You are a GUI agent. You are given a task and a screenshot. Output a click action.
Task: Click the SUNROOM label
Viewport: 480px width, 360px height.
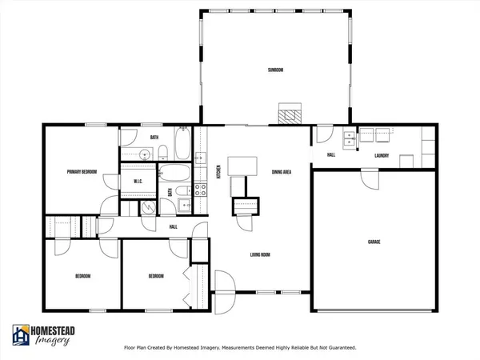click(x=276, y=70)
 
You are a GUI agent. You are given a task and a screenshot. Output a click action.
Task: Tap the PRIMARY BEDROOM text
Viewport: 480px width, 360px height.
click(x=81, y=171)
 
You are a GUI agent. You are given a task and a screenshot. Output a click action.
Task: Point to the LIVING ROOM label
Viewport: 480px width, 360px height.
click(x=262, y=255)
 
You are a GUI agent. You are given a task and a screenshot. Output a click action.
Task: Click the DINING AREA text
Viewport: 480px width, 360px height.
click(x=281, y=171)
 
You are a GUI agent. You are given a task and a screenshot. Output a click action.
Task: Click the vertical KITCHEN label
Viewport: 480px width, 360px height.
click(x=219, y=170)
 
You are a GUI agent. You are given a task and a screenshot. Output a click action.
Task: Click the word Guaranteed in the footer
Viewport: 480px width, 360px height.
click(x=338, y=348)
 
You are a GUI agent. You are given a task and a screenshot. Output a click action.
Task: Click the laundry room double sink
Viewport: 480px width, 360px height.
click(x=349, y=141)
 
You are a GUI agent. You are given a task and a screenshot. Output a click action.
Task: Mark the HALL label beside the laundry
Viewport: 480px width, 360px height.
click(x=331, y=155)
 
